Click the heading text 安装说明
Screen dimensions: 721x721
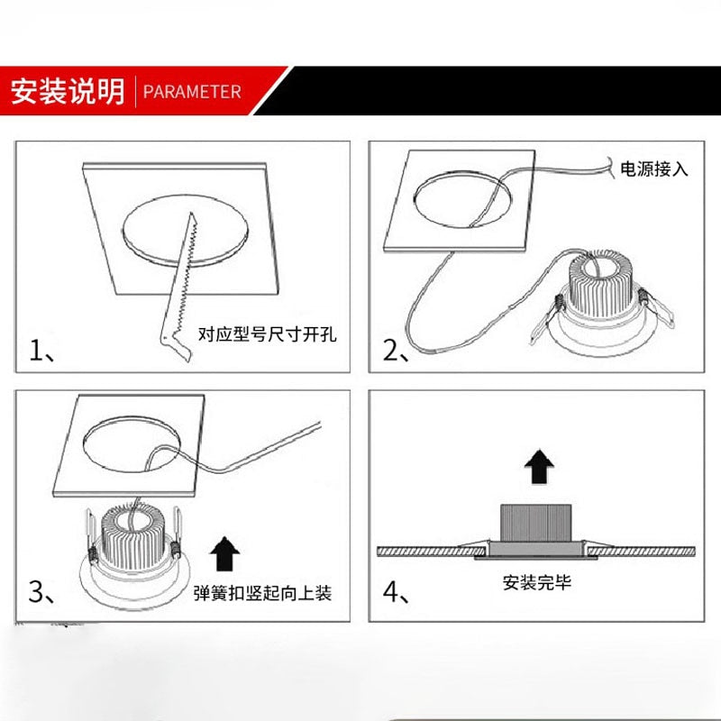[68, 92]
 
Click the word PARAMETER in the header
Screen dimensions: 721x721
[192, 92]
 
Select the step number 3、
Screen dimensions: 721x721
[42, 592]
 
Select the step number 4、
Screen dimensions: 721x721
[397, 592]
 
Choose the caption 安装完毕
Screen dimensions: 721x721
[537, 582]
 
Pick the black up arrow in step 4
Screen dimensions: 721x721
[538, 468]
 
